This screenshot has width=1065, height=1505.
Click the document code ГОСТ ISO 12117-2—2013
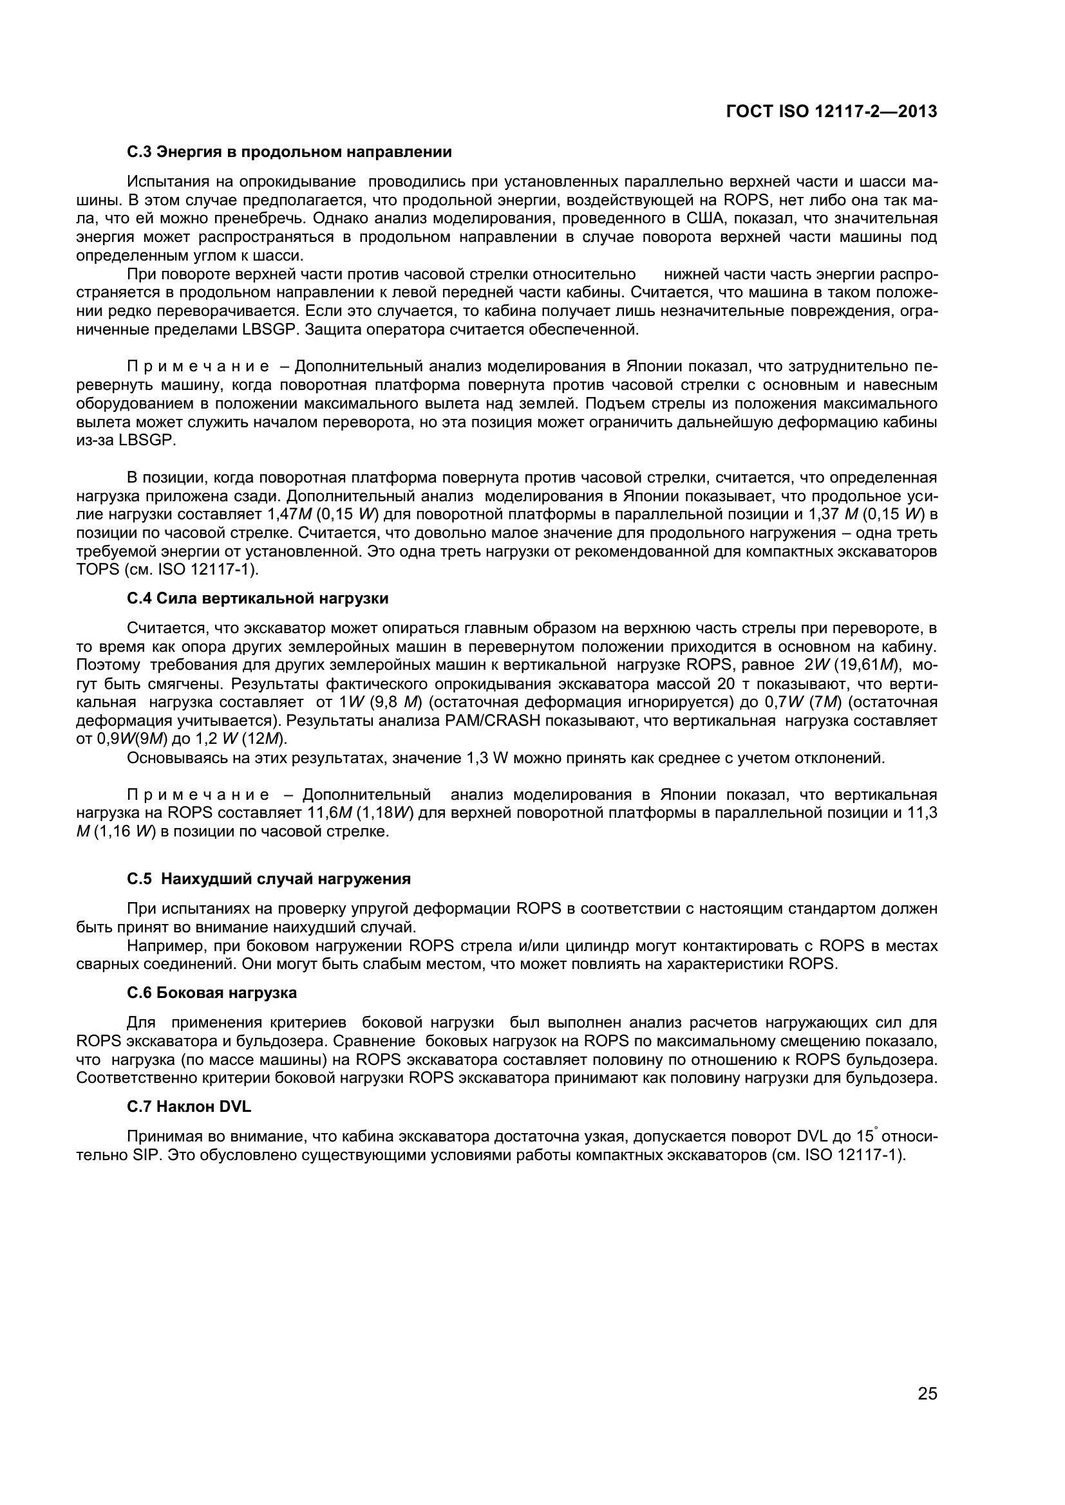tap(831, 112)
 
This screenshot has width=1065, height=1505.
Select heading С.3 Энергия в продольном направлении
tap(289, 152)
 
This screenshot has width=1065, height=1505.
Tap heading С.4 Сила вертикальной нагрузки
tap(257, 598)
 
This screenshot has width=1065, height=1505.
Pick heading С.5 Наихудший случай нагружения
tap(269, 879)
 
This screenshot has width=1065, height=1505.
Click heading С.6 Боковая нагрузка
tap(211, 993)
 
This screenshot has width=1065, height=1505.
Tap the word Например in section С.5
tap(161, 946)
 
